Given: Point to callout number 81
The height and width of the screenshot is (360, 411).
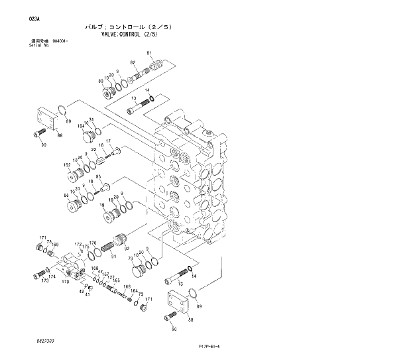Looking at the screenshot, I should (x=149, y=52).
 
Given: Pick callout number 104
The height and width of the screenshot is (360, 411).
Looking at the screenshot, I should (x=81, y=125).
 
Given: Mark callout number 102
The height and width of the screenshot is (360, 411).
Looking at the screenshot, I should (x=67, y=164).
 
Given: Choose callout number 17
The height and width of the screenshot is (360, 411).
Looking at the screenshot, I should (x=107, y=141).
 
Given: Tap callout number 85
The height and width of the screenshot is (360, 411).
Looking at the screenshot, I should (x=98, y=177).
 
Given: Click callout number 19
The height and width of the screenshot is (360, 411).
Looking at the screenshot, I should (x=103, y=205).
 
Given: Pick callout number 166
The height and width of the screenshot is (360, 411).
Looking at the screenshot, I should (x=127, y=286).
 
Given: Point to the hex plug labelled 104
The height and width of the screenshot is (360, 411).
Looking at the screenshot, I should (x=86, y=137).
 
